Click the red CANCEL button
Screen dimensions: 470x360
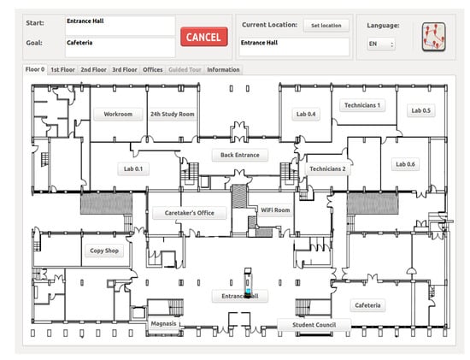click(204, 37)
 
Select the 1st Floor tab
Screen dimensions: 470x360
click(62, 69)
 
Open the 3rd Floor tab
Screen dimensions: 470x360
click(125, 69)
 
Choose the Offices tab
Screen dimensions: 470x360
click(153, 69)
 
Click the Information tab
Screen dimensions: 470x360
click(223, 69)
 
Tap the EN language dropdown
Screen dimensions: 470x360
click(381, 44)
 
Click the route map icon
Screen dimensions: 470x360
click(433, 37)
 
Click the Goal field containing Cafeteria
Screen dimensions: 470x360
click(120, 47)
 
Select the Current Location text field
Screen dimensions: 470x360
click(294, 47)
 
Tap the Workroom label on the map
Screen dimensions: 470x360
click(118, 114)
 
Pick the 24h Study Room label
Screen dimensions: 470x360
click(173, 114)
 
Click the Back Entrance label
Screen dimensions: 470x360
click(240, 155)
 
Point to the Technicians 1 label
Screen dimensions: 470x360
click(362, 105)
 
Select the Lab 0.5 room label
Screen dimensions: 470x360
click(420, 110)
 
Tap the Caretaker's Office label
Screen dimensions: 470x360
click(190, 213)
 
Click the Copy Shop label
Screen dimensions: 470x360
click(104, 251)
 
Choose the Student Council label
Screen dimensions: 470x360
click(314, 325)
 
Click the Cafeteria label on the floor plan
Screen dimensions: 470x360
click(367, 305)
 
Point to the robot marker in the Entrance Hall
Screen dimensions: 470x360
click(248, 283)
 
